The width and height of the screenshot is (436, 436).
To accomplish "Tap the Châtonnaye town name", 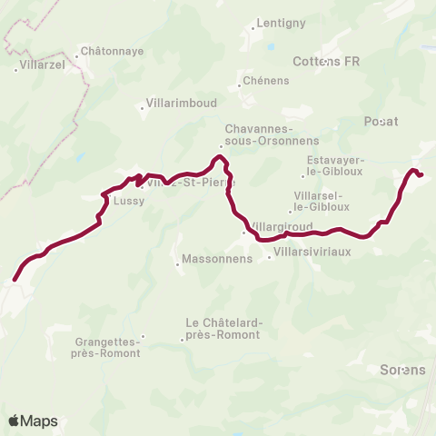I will pyautogui.click(x=113, y=52).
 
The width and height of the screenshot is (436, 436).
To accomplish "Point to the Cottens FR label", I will pyautogui.click(x=328, y=62).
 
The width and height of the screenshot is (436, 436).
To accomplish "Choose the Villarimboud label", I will pyautogui.click(x=178, y=104).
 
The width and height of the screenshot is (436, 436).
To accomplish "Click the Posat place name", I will pyautogui.click(x=381, y=121).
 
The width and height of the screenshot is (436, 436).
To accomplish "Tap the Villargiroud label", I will pyautogui.click(x=282, y=226).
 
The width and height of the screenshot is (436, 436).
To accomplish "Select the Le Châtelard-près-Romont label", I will pyautogui.click(x=223, y=328).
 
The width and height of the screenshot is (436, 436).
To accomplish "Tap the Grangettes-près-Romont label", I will pyautogui.click(x=107, y=347).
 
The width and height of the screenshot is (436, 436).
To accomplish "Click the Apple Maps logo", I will pyautogui.click(x=33, y=421).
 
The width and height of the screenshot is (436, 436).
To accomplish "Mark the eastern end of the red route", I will pyautogui.click(x=421, y=174).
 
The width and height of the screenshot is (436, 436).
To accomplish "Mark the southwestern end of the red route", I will pyautogui.click(x=15, y=279).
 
